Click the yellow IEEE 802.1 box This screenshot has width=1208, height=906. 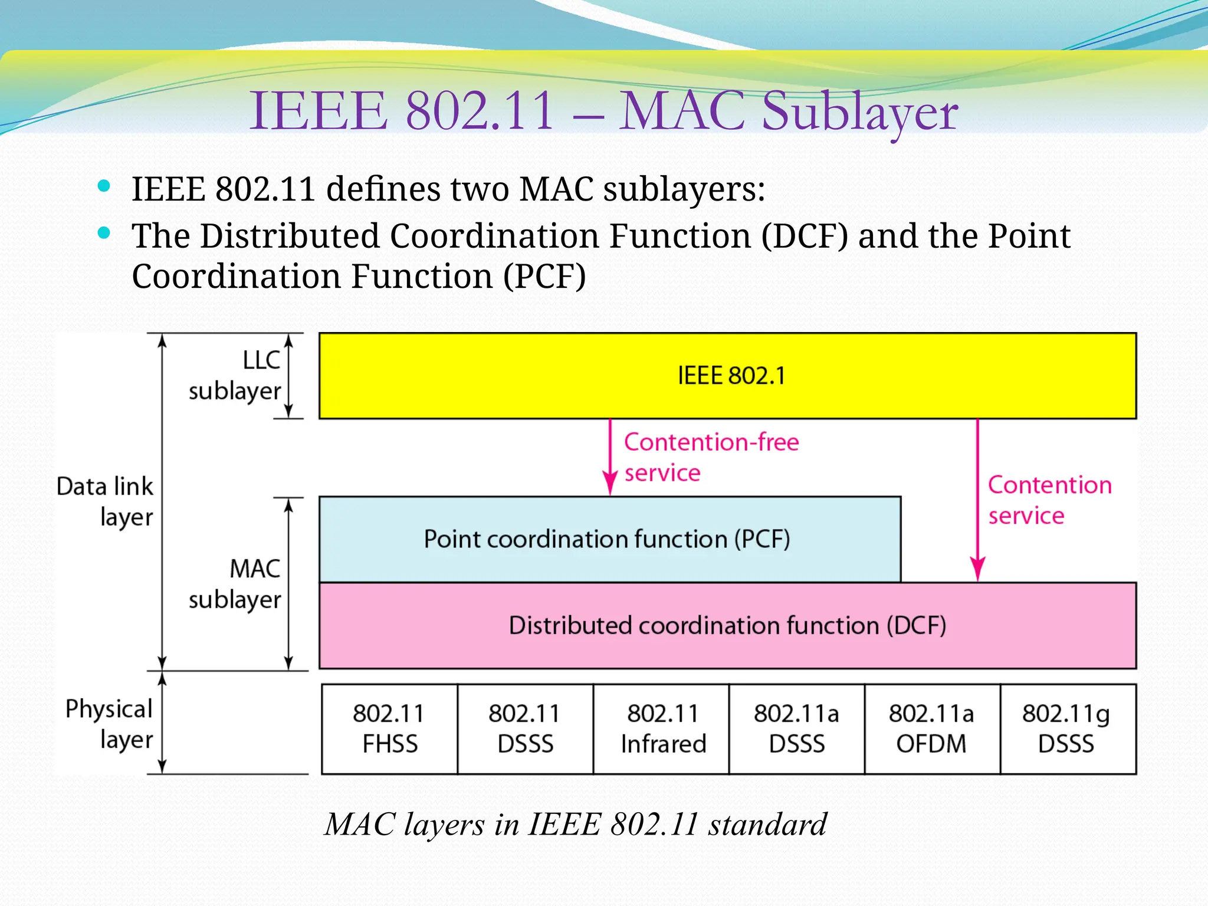(x=727, y=376)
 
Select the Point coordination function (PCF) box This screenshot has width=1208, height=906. (x=609, y=539)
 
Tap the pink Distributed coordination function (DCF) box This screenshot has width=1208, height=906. (x=727, y=625)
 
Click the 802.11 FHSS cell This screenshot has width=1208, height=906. (x=390, y=729)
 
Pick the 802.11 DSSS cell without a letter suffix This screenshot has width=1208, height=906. (x=525, y=729)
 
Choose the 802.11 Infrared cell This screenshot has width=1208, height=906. (x=662, y=729)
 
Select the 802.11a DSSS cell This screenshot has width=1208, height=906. (x=796, y=729)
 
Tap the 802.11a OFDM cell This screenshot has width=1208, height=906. (x=932, y=729)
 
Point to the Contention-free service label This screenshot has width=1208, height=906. (x=711, y=457)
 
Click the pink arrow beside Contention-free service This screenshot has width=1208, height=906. (x=610, y=457)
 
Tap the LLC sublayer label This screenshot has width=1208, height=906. (x=235, y=376)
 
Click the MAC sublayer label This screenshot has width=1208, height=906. (x=235, y=584)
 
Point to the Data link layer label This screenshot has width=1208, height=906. (x=105, y=501)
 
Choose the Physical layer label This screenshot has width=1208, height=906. (x=109, y=724)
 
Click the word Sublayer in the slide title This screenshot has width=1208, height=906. (x=859, y=112)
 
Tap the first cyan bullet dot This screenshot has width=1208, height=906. (x=104, y=186)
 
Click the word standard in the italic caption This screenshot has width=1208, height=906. (x=767, y=824)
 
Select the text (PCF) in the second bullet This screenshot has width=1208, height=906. (x=544, y=276)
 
